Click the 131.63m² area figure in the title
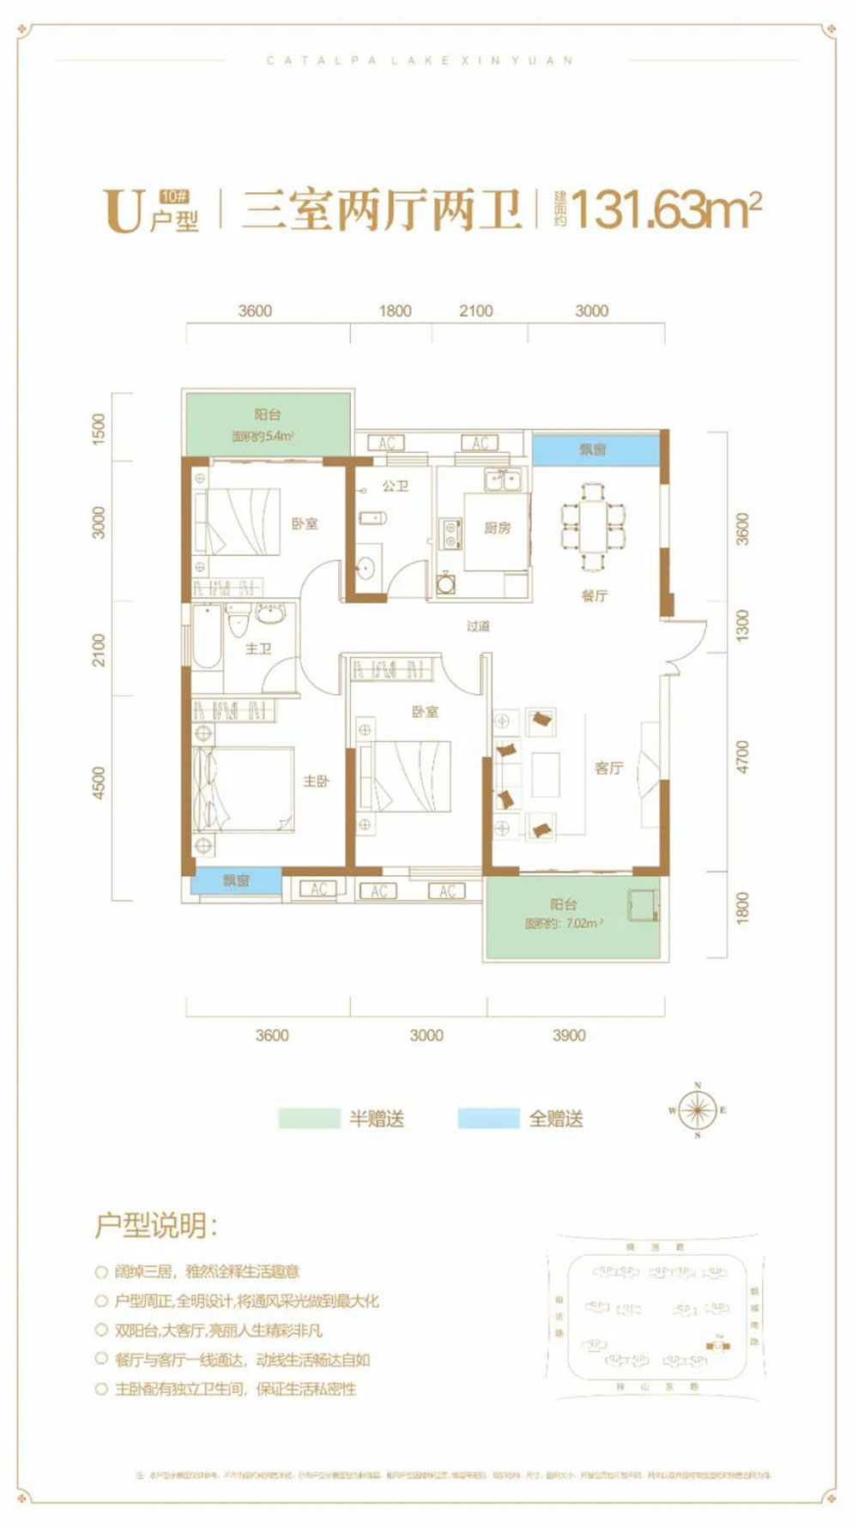(x=665, y=209)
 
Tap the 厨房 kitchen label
(x=497, y=528)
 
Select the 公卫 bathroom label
(x=395, y=486)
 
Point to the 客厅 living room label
(x=608, y=768)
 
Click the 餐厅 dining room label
(x=594, y=595)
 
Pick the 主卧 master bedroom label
(x=316, y=781)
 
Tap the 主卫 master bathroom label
(x=258, y=649)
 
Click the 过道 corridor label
(x=478, y=626)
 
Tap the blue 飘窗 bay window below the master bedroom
(x=236, y=881)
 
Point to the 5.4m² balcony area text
(x=263, y=436)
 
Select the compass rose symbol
(x=698, y=1110)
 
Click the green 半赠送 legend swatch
(x=309, y=1119)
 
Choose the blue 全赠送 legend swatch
(x=488, y=1119)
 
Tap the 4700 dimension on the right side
(x=742, y=757)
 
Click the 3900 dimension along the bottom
(x=569, y=1035)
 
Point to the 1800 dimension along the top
(x=396, y=311)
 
